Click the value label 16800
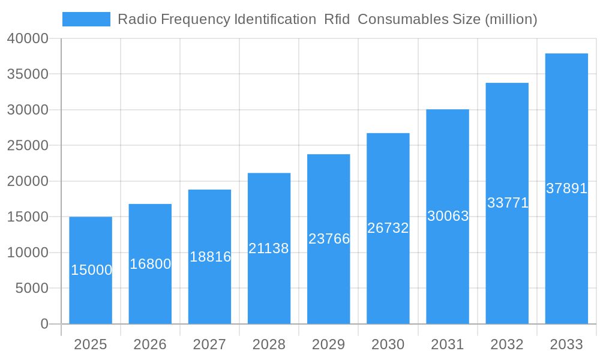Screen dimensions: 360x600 coord(151,264)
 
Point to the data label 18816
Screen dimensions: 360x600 coord(210,257)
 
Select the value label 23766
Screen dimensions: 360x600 coord(329,239)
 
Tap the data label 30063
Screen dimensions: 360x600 coord(448,216)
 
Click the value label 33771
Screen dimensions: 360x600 coord(508,203)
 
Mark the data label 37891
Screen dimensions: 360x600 coord(566,188)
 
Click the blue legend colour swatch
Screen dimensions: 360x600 coord(86,19)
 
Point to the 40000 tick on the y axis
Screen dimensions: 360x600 coord(28,38)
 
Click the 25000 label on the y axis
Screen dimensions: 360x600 coord(28,146)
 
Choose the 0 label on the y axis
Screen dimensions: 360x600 coord(44,324)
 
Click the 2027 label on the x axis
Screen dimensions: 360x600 coord(209,344)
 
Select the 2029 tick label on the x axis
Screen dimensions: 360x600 coord(329,344)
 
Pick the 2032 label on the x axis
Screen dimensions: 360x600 coord(507,344)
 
